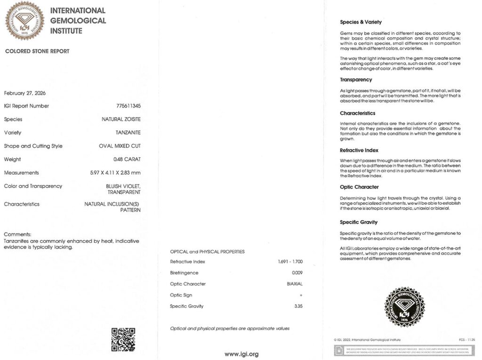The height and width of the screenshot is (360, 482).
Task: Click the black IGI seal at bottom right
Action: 405,307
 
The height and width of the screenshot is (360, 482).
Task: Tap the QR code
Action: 123,339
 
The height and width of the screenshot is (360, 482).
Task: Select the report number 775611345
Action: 128,106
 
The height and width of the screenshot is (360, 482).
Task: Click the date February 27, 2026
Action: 25,93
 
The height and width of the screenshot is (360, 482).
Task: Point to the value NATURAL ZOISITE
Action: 121,120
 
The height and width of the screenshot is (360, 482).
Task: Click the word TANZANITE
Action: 128,133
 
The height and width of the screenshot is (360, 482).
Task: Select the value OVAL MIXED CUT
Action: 120,146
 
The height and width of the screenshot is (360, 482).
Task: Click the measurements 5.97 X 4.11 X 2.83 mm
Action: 115,173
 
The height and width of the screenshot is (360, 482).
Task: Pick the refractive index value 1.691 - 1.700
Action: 290,262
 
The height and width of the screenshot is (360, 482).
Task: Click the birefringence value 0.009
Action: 297,273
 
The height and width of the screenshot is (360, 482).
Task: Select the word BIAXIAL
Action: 295,284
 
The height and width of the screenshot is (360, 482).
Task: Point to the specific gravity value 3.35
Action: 297,306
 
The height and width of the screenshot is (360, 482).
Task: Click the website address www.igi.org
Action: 241,354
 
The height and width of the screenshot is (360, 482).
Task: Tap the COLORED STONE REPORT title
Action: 37,51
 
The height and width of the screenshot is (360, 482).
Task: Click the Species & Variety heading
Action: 361,22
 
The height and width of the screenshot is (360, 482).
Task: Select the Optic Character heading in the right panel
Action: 359,187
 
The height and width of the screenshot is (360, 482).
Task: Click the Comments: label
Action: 18,234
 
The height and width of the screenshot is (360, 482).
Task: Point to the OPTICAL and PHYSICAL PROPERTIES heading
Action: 207,252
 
